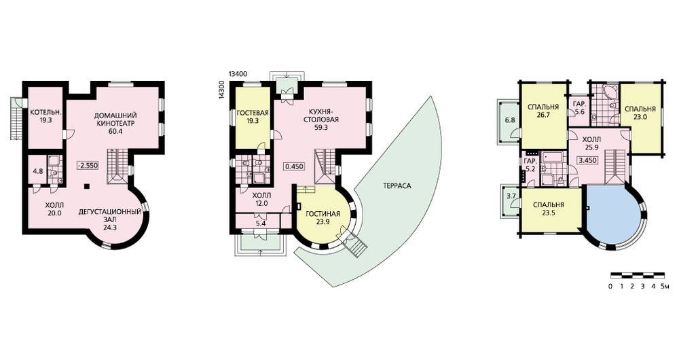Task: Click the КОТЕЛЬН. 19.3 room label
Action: click(46, 117)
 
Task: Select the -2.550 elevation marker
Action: click(88, 165)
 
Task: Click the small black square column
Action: click(87, 186)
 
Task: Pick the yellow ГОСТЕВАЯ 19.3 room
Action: click(253, 117)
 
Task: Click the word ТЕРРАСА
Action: click(397, 186)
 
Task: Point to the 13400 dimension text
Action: click(238, 73)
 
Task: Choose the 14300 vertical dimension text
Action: click(221, 91)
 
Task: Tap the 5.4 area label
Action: click(260, 223)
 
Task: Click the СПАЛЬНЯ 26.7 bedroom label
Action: click(543, 111)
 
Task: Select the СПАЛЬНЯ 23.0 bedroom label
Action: click(640, 113)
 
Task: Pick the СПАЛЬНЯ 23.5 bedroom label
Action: click(548, 209)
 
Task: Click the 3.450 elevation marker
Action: click(587, 160)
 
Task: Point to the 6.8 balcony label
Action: click(510, 120)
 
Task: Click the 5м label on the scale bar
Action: click(665, 287)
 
